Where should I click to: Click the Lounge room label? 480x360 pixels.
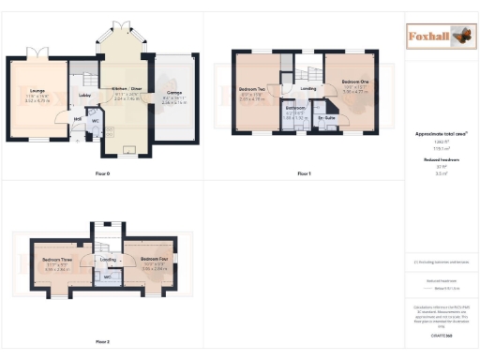[x=24, y=90]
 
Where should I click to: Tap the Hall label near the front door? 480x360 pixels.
[x=79, y=119]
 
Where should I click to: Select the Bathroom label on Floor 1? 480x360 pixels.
[x=295, y=108]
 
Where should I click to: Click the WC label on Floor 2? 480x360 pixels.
[x=108, y=277]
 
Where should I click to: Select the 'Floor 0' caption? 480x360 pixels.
[x=102, y=174]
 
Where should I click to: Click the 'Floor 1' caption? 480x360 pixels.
[x=303, y=174]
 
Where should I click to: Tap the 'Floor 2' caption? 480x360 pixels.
[x=102, y=341]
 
